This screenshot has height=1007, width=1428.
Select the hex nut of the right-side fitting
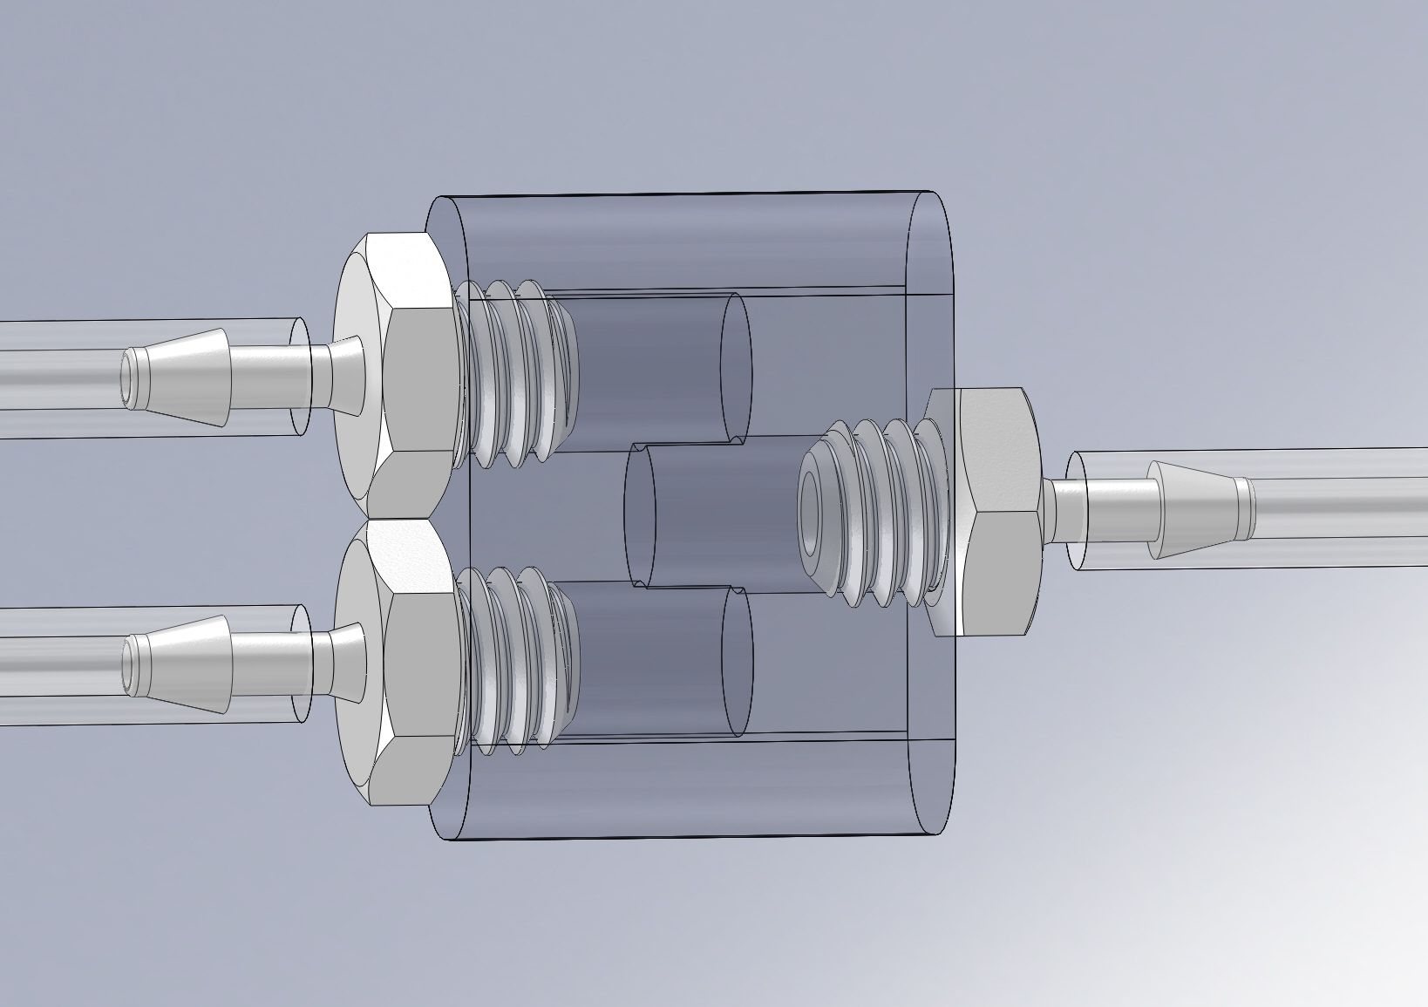point(994,514)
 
